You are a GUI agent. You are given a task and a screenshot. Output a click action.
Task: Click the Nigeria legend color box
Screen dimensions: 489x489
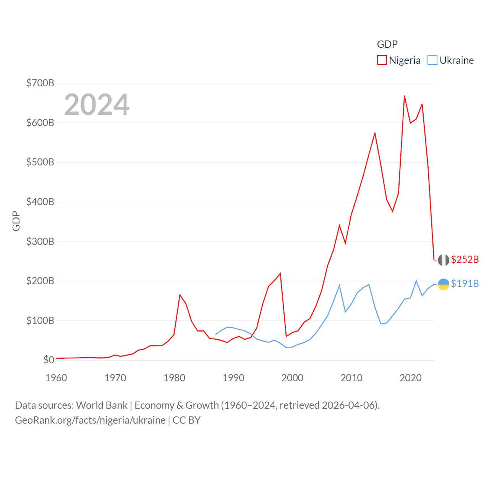tap(382, 60)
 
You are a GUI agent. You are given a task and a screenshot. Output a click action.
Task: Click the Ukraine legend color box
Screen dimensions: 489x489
tap(432, 60)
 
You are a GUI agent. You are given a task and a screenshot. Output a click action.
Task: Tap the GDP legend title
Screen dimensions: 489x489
tap(387, 44)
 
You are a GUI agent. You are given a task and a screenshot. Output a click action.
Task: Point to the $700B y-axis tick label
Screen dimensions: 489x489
tap(40, 83)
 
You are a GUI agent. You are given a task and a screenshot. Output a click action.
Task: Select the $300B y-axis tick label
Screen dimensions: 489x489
tap(40, 241)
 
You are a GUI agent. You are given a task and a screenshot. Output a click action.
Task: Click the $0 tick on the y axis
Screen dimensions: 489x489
tap(49, 360)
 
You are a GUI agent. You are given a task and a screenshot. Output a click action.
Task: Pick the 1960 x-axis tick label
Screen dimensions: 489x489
tap(56, 378)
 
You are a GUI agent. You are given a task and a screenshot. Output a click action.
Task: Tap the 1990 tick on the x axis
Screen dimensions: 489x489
tap(233, 378)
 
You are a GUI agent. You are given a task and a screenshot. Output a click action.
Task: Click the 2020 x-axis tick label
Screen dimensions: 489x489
tap(410, 378)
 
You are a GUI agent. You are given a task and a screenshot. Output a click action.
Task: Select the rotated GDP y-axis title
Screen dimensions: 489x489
tap(16, 221)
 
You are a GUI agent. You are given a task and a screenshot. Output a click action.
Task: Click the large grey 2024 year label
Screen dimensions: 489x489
tap(97, 105)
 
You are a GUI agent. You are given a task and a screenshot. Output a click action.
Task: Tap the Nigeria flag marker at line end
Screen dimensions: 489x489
tap(443, 260)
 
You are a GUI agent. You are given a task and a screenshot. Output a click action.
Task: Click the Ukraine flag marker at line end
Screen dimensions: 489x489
tap(443, 284)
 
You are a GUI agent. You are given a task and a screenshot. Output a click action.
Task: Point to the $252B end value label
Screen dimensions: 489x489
tap(465, 259)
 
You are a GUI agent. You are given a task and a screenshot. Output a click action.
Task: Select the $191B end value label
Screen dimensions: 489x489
tap(465, 283)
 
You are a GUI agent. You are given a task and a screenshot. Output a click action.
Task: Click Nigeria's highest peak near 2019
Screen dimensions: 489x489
tap(404, 96)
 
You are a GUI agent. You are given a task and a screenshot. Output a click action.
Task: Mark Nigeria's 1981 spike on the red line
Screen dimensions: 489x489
tap(180, 295)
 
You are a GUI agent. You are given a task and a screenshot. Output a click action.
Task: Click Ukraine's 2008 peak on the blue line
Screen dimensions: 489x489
tap(339, 285)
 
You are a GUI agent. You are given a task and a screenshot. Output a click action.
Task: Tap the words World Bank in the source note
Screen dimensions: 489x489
tap(102, 405)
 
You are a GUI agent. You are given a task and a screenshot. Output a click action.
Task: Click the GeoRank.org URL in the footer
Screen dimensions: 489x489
tap(90, 420)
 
